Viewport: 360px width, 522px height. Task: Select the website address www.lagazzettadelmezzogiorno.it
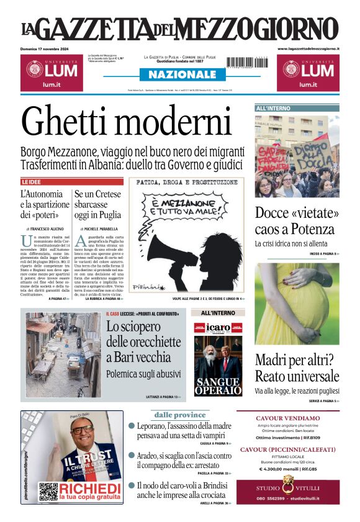click(308, 48)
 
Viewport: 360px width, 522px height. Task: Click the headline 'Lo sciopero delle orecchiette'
click(138, 341)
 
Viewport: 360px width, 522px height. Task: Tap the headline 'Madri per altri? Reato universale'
click(297, 368)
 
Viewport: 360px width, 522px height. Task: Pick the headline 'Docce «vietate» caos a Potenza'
click(297, 221)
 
